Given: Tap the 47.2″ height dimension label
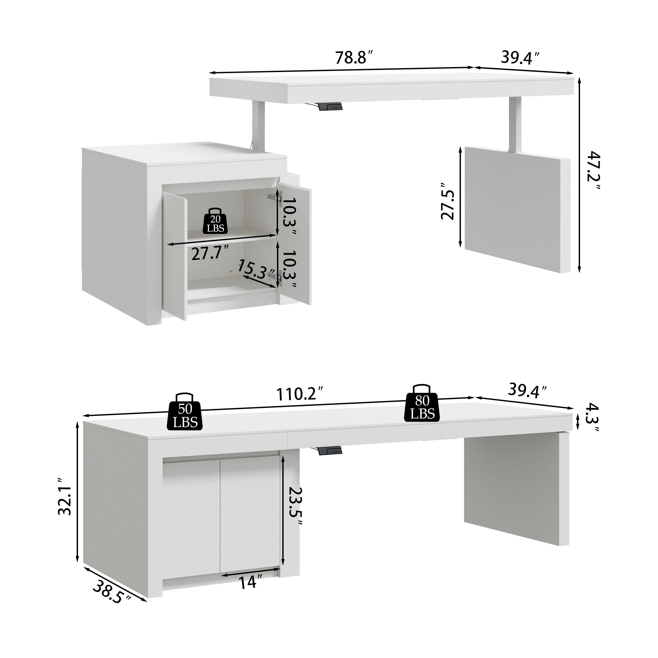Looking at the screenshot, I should (x=594, y=171).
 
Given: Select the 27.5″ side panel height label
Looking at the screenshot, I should (x=447, y=201).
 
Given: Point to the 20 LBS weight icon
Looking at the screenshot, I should (x=215, y=221).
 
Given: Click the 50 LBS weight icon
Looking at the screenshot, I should (x=185, y=412).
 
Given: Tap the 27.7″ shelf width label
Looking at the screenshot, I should (x=210, y=253).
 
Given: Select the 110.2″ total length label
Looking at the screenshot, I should (x=299, y=394).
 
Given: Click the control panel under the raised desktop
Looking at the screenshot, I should (x=330, y=107).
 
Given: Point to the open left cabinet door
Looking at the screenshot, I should (x=174, y=255).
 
